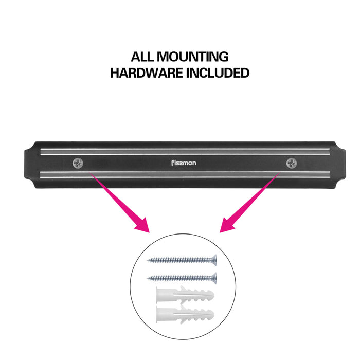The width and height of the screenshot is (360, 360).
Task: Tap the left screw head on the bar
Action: point(78,163)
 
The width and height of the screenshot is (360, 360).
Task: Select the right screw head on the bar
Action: point(292,163)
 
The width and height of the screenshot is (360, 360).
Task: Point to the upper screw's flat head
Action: point(214,261)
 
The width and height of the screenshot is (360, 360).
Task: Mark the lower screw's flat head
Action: point(214,278)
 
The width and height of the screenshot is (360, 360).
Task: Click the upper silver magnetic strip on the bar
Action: point(183,151)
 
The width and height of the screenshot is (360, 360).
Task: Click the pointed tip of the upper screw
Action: point(148,260)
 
